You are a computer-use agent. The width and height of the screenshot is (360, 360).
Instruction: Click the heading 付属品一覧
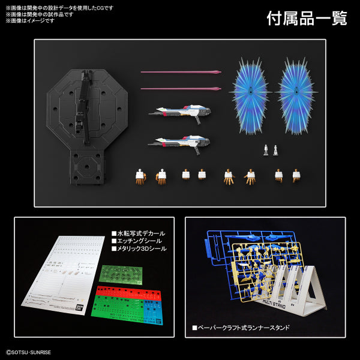(x=307, y=18)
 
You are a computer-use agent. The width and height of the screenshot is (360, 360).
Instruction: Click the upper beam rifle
(x=180, y=112)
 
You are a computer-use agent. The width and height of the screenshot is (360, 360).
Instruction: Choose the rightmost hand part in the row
(x=296, y=175)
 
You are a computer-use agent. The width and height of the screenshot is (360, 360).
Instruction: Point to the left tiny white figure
(x=266, y=150)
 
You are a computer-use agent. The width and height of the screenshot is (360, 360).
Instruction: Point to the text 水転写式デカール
(x=142, y=233)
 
